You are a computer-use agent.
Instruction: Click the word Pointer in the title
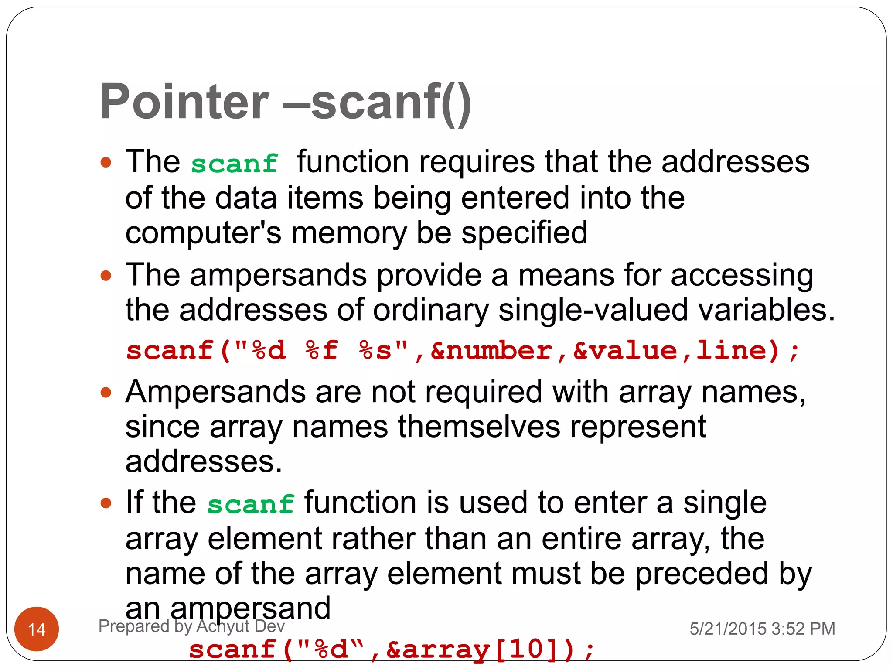point(184,102)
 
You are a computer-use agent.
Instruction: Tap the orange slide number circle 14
point(37,629)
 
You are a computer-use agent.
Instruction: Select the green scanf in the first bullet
point(235,164)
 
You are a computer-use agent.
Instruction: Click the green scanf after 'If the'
point(251,505)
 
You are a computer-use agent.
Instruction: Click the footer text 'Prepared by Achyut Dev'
point(191,626)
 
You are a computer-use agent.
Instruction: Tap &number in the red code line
point(491,351)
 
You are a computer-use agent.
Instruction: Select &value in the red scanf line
point(625,351)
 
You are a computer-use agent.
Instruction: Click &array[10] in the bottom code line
point(473,649)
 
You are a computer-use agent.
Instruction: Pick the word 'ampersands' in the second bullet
point(278,275)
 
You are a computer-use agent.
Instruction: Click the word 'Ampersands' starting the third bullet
point(215,392)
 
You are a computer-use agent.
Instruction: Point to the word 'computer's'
point(203,233)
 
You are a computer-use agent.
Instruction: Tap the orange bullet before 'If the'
point(106,503)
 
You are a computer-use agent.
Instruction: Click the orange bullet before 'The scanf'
point(106,163)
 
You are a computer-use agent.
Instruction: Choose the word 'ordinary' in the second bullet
point(431,310)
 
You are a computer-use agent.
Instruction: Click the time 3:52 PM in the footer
point(803,629)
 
